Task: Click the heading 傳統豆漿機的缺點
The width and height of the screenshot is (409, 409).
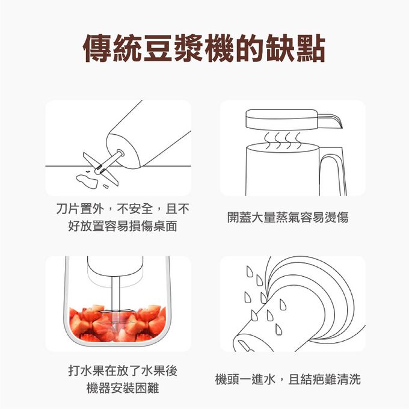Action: tap(204, 49)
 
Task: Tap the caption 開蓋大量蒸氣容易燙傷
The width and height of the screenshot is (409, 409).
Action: tap(288, 218)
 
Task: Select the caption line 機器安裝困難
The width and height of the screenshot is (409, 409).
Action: tap(123, 388)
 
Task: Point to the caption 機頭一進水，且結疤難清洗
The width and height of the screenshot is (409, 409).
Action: tap(288, 380)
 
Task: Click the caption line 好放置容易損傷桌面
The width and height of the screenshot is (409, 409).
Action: tap(123, 226)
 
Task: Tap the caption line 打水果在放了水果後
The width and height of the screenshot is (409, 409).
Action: tap(123, 371)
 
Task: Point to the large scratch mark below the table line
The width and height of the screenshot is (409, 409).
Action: tap(87, 181)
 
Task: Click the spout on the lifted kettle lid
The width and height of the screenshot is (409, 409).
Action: tap(330, 120)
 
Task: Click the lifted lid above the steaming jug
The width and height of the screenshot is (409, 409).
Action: tap(282, 120)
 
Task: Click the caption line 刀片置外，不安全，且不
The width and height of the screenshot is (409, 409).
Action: tap(123, 209)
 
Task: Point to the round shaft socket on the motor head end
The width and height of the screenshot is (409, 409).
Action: tap(120, 153)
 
